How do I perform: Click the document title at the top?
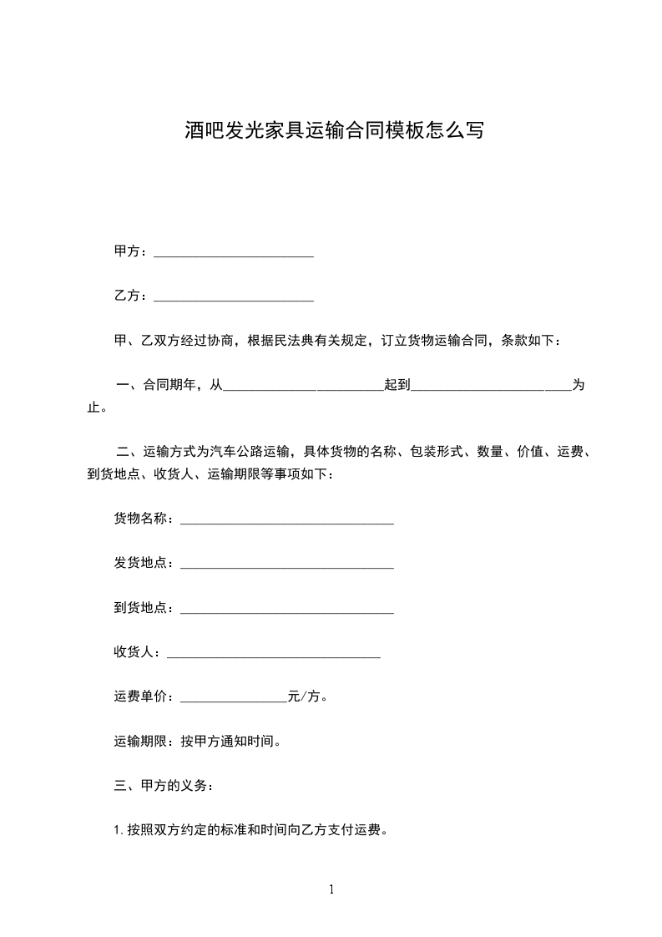click(x=334, y=130)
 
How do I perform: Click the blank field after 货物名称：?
click(x=287, y=521)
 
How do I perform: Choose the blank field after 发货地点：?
click(x=287, y=565)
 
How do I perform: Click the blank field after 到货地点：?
click(x=287, y=610)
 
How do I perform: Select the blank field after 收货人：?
click(x=274, y=654)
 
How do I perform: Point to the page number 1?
click(x=331, y=890)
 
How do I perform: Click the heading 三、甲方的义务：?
click(x=164, y=786)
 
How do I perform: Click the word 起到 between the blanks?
click(x=397, y=385)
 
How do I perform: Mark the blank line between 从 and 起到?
click(x=303, y=387)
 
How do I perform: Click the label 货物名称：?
click(x=146, y=519)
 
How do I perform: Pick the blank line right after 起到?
click(x=491, y=387)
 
